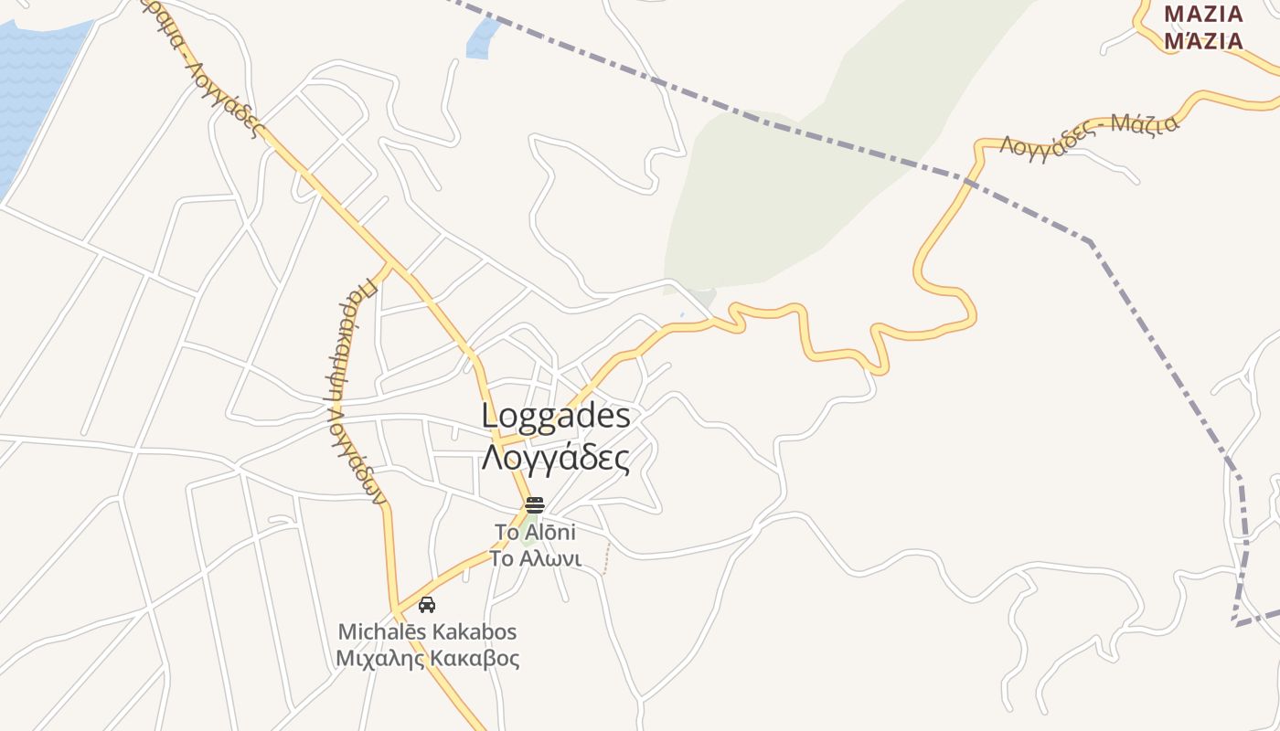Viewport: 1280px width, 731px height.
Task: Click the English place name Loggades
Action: coord(556,417)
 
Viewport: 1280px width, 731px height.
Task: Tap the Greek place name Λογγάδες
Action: coord(556,456)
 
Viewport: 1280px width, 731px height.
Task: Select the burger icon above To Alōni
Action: coord(535,505)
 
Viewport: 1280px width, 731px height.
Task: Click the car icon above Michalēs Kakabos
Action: coord(427,604)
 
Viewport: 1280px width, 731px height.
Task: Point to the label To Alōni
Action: coord(535,532)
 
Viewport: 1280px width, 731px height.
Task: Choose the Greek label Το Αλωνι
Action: coord(535,558)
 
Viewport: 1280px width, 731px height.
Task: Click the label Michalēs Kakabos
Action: coord(427,631)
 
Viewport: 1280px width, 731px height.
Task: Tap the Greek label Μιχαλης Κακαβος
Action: coord(427,658)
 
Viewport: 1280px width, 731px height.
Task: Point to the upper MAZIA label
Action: coord(1203,15)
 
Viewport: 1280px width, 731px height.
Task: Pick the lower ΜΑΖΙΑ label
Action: coord(1203,41)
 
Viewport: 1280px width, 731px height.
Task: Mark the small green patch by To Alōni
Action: coord(528,533)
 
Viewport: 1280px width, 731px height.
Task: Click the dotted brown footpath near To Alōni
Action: coord(605,559)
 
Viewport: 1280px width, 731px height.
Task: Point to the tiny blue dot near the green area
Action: coord(681,315)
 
